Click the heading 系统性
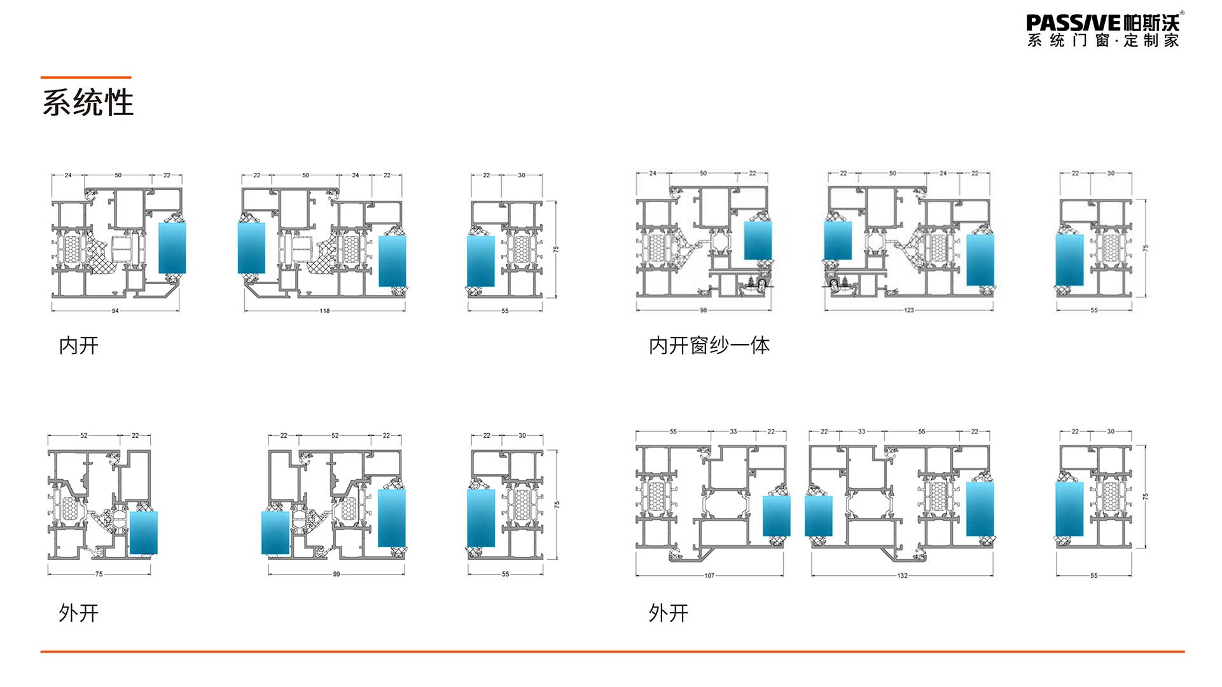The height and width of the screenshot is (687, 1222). [x=88, y=102]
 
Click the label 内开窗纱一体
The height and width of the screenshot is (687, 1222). [x=709, y=346]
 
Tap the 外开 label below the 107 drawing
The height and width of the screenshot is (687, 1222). [x=668, y=613]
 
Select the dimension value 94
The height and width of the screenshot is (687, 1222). [x=115, y=311]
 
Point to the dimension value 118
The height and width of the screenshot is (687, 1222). [x=324, y=311]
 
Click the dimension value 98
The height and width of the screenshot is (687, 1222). [x=703, y=310]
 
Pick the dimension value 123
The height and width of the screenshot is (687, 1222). [x=908, y=310]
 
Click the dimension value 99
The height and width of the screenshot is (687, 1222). [x=336, y=574]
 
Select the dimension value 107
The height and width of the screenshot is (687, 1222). [x=709, y=575]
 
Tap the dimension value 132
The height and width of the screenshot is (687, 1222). [x=902, y=575]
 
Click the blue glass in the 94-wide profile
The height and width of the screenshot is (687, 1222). [x=172, y=248]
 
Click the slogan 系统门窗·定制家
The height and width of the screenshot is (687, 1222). [x=1103, y=41]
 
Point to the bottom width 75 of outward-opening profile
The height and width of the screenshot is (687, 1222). [x=99, y=574]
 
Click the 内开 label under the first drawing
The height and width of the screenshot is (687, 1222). [x=78, y=346]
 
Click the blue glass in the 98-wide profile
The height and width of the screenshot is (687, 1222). [x=758, y=240]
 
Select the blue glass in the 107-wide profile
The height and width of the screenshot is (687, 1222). [x=776, y=515]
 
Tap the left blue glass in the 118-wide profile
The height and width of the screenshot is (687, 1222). [x=251, y=248]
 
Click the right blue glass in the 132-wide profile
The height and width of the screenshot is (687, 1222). [x=980, y=508]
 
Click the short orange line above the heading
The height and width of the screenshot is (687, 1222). [x=86, y=78]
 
